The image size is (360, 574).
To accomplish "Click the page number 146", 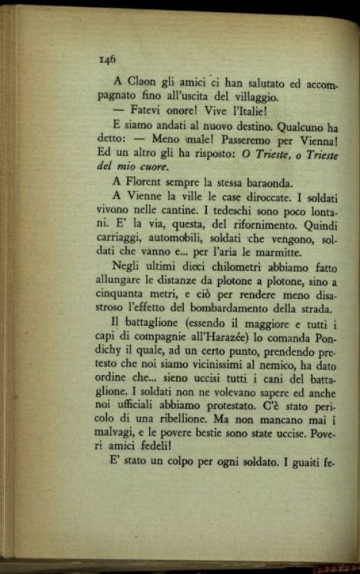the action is [x=107, y=59].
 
